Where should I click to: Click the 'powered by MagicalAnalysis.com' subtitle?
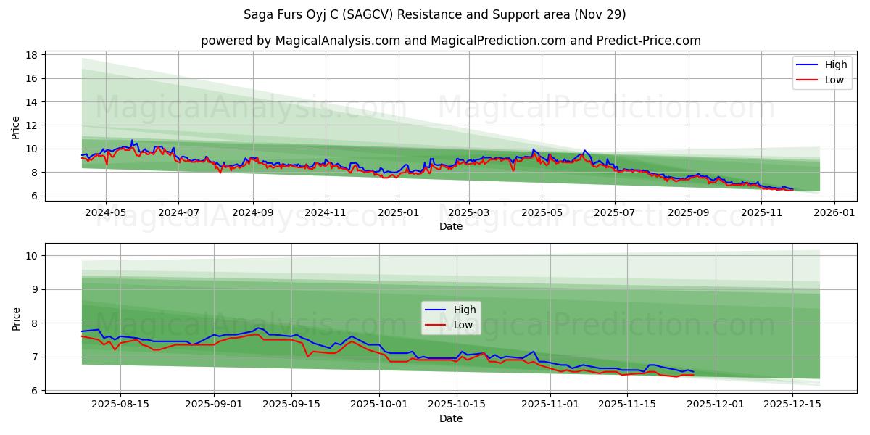450,41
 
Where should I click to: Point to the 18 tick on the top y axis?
32,55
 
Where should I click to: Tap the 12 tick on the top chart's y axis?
32,125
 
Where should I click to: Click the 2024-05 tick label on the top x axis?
106,212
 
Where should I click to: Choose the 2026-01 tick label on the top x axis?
834,212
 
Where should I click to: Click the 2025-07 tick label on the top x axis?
614,212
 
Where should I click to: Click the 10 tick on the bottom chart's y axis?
32,256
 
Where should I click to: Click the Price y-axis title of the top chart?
16,127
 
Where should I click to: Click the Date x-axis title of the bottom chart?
450,419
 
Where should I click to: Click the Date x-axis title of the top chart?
450,226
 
